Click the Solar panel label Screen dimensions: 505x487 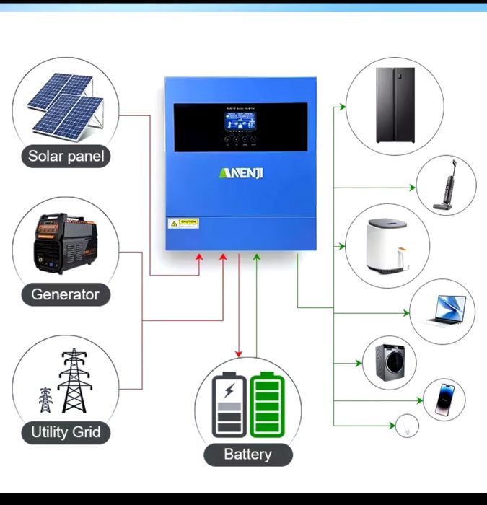click(x=66, y=156)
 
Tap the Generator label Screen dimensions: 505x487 click(x=65, y=294)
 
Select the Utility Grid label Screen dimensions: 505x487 click(x=66, y=433)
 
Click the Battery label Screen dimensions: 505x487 click(x=247, y=454)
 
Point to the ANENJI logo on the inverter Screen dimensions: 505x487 click(x=242, y=173)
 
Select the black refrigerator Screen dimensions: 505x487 click(x=395, y=105)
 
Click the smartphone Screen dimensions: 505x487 click(x=444, y=400)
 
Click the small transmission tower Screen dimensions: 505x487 click(x=45, y=399)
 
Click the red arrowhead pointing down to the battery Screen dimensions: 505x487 click(x=240, y=353)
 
